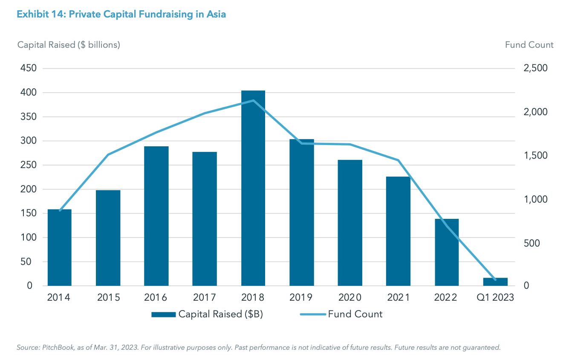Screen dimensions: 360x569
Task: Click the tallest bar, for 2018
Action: [253, 188]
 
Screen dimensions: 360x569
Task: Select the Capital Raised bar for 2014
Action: [59, 247]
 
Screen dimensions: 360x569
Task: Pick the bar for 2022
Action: [447, 252]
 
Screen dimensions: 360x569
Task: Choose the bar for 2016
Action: [156, 216]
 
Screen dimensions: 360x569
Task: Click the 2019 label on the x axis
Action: [301, 297]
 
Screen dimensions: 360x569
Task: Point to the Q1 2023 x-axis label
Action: [495, 297]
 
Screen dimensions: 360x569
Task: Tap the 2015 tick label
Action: [108, 297]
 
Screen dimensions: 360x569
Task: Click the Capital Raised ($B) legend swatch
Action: [163, 315]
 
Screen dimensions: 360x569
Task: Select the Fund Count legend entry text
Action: [355, 314]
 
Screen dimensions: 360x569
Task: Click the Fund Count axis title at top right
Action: [529, 45]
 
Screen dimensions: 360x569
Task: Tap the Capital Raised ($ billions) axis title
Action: [69, 45]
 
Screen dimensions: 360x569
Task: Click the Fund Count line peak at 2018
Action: [253, 101]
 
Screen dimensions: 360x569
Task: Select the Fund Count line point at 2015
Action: [108, 154]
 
